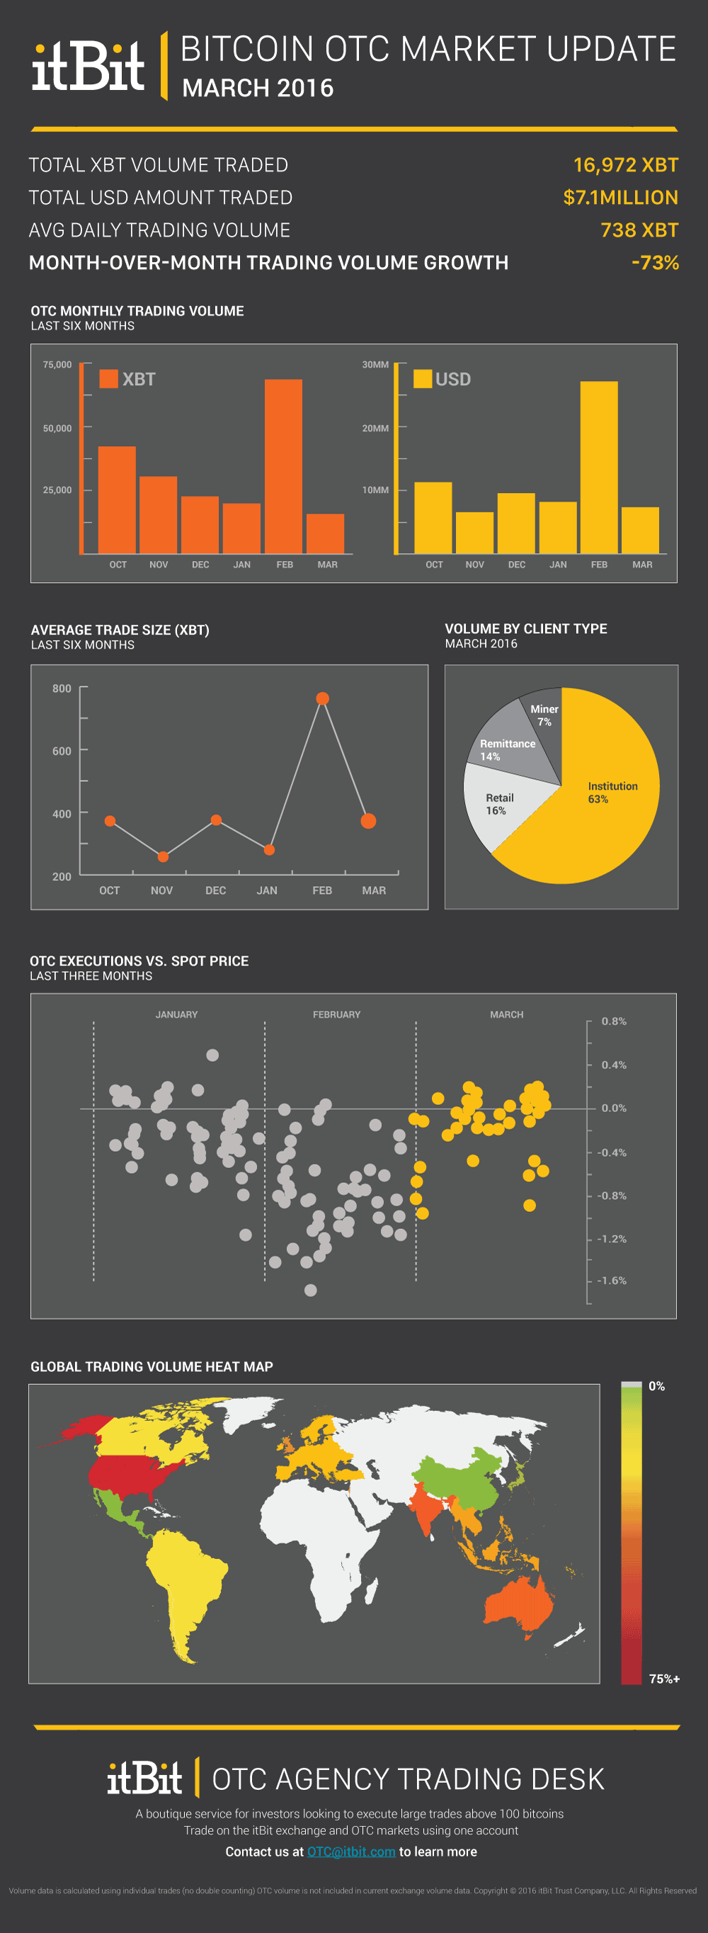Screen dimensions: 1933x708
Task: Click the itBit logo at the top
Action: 88,66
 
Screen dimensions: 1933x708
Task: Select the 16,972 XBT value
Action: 625,165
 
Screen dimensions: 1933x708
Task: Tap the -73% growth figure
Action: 655,263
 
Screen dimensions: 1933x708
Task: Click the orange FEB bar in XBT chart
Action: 283,465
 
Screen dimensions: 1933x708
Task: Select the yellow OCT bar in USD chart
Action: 433,518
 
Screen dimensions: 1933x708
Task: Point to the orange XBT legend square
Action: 109,379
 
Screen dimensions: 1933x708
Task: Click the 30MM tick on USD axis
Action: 375,365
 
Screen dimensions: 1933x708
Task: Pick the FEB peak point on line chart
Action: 323,698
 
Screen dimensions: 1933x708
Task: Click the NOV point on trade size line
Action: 163,856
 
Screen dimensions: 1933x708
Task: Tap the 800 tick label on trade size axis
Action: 62,688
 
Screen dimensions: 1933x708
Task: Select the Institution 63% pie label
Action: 612,792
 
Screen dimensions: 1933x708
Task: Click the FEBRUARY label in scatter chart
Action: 336,1014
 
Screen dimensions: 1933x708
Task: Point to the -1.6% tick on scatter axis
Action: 611,1280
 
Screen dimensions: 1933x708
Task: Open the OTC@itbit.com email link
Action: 351,1852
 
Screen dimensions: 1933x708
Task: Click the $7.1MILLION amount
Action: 620,198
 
